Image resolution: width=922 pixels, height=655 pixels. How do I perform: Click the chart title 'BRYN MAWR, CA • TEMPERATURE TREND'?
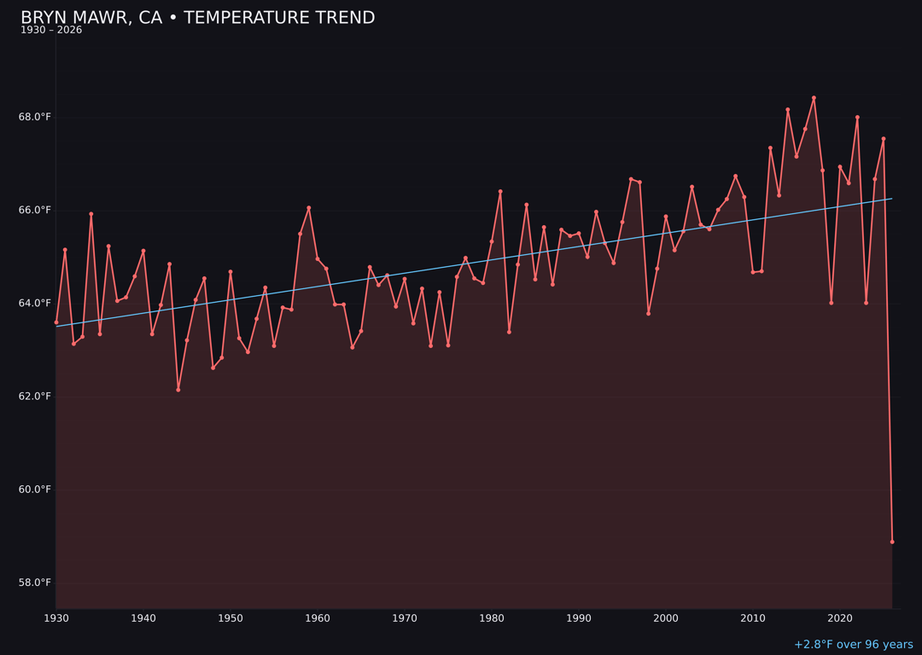pos(197,18)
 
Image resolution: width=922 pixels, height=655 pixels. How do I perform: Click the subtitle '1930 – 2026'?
pos(51,31)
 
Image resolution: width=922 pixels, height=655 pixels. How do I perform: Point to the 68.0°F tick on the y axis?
pos(35,117)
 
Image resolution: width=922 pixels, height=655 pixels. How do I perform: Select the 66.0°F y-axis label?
pos(35,210)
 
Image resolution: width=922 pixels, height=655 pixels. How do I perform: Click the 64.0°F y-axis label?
pos(35,303)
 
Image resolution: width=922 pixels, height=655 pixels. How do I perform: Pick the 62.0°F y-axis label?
pos(35,397)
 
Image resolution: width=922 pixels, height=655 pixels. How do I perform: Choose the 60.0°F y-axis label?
pos(35,490)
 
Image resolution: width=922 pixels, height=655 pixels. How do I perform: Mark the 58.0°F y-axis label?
pos(35,583)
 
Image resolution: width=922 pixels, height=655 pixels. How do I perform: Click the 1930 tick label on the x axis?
pos(56,618)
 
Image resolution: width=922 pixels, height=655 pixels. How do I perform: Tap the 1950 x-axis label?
pos(230,618)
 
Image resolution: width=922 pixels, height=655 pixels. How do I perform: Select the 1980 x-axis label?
pos(492,618)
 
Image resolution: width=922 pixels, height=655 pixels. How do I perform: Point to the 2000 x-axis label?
pos(666,618)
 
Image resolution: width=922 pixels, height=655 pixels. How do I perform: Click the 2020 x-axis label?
pos(840,618)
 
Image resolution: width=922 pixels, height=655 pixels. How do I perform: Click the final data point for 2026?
pos(892,542)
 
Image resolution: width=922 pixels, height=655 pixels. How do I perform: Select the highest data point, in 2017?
pos(814,98)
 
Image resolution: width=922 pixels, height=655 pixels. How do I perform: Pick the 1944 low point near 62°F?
pos(178,390)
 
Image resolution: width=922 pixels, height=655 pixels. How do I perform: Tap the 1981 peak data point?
pos(500,192)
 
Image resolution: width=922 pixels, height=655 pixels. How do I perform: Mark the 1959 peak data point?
pos(309,208)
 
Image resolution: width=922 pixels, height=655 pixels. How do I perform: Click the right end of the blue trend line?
pos(891,199)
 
